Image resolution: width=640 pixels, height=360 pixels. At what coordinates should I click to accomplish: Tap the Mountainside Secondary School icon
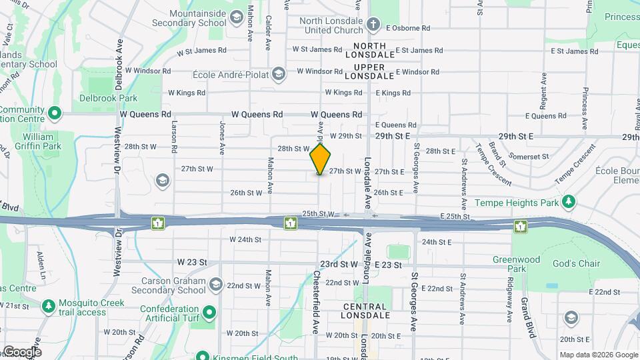coord(236,16)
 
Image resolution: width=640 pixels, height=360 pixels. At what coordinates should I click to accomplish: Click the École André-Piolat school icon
coord(281,72)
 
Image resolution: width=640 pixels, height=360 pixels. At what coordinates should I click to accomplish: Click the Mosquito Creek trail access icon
coord(48,307)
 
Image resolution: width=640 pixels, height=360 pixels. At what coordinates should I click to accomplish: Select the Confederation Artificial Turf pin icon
coord(209,311)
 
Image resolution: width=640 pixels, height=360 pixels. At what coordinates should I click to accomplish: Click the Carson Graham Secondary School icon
coord(215,285)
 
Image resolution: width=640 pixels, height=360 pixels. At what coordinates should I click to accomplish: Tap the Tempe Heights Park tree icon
coord(568,201)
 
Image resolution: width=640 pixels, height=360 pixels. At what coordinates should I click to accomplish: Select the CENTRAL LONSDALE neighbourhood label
coord(365,311)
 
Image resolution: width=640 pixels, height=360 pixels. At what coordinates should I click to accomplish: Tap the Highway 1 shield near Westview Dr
coord(158,223)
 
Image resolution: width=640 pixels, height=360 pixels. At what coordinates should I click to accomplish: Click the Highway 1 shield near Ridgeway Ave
coord(519,227)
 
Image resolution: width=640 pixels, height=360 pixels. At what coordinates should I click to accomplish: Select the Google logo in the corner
coord(22,351)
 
